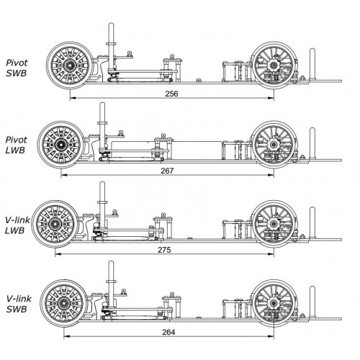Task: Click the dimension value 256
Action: click(171, 94)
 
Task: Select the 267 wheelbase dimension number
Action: click(167, 171)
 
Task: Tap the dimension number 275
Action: click(164, 250)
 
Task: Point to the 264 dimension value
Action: click(168, 332)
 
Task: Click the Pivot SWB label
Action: click(17, 68)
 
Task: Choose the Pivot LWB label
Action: click(16, 145)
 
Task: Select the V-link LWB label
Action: click(17, 225)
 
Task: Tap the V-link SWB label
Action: click(19, 304)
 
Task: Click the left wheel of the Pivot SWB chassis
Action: click(70, 66)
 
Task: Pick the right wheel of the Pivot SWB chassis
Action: click(274, 66)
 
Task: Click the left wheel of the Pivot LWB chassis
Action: click(61, 145)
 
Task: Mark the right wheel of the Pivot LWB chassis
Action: click(274, 145)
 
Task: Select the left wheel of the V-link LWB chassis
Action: click(55, 224)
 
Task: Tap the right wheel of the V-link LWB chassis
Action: click(274, 224)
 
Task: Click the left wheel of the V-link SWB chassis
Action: click(63, 303)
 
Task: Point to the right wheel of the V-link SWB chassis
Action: click(274, 303)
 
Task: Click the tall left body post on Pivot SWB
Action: click(111, 48)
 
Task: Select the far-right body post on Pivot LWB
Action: click(312, 143)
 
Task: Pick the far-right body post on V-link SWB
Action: click(312, 302)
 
